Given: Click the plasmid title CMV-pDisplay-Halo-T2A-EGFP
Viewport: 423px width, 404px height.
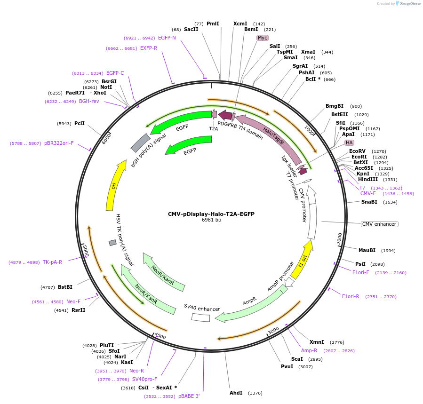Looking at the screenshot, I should pyautogui.click(x=211, y=214).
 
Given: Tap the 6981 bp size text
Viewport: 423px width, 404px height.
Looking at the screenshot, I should pyautogui.click(x=211, y=220).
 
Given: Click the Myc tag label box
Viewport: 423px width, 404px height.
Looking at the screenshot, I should pyautogui.click(x=262, y=38).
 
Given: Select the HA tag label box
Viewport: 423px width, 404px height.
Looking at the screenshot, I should pyautogui.click(x=349, y=143).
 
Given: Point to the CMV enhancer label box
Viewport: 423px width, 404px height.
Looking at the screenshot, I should pyautogui.click(x=379, y=224).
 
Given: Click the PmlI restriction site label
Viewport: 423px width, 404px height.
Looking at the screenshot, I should pyautogui.click(x=213, y=24).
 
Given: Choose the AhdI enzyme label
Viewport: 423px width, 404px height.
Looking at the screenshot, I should pyautogui.click(x=236, y=393).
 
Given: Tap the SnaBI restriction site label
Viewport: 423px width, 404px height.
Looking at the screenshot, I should pyautogui.click(x=369, y=202).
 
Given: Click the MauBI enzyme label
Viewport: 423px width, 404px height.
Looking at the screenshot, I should pyautogui.click(x=367, y=250).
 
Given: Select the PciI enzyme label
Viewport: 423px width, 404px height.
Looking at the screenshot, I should pyautogui.click(x=80, y=123).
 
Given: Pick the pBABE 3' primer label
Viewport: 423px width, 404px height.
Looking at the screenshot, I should pyautogui.click(x=189, y=396).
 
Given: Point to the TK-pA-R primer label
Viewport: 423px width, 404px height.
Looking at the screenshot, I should pyautogui.click(x=52, y=262).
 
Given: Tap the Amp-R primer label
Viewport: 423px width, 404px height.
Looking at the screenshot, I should pyautogui.click(x=309, y=350).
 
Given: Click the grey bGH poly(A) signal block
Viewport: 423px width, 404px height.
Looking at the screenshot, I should pyautogui.click(x=140, y=143).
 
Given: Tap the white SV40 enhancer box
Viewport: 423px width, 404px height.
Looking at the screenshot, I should pyautogui.click(x=200, y=317).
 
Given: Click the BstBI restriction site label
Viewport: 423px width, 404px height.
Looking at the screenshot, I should pyautogui.click(x=65, y=287).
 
